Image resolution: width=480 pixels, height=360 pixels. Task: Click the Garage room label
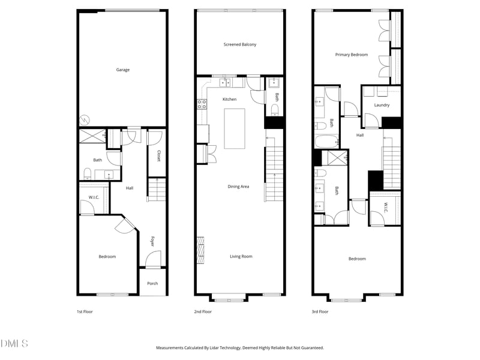[122, 70]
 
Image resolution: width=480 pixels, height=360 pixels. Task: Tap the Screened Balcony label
[240, 44]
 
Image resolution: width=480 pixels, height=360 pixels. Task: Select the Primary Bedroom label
[351, 55]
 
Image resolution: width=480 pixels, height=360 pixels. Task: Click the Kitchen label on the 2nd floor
[229, 99]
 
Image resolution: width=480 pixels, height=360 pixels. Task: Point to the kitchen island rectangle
[235, 128]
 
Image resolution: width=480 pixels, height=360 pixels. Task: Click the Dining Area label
[238, 187]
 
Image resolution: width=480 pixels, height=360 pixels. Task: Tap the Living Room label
[241, 256]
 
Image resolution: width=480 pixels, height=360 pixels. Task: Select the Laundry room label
[382, 105]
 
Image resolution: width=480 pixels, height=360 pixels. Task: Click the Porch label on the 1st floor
[152, 283]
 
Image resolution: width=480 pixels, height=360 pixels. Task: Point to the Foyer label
[152, 241]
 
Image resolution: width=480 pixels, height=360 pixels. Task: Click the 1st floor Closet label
[158, 155]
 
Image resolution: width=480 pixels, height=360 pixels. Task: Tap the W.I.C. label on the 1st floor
[94, 197]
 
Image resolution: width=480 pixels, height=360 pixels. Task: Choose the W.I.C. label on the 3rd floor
[386, 208]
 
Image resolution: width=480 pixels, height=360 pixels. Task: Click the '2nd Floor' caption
[203, 311]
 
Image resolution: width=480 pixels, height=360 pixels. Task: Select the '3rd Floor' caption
[320, 311]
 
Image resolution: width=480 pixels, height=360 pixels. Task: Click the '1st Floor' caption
[85, 311]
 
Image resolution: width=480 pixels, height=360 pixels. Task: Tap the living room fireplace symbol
[200, 250]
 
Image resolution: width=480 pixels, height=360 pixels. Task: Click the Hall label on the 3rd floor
[360, 135]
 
